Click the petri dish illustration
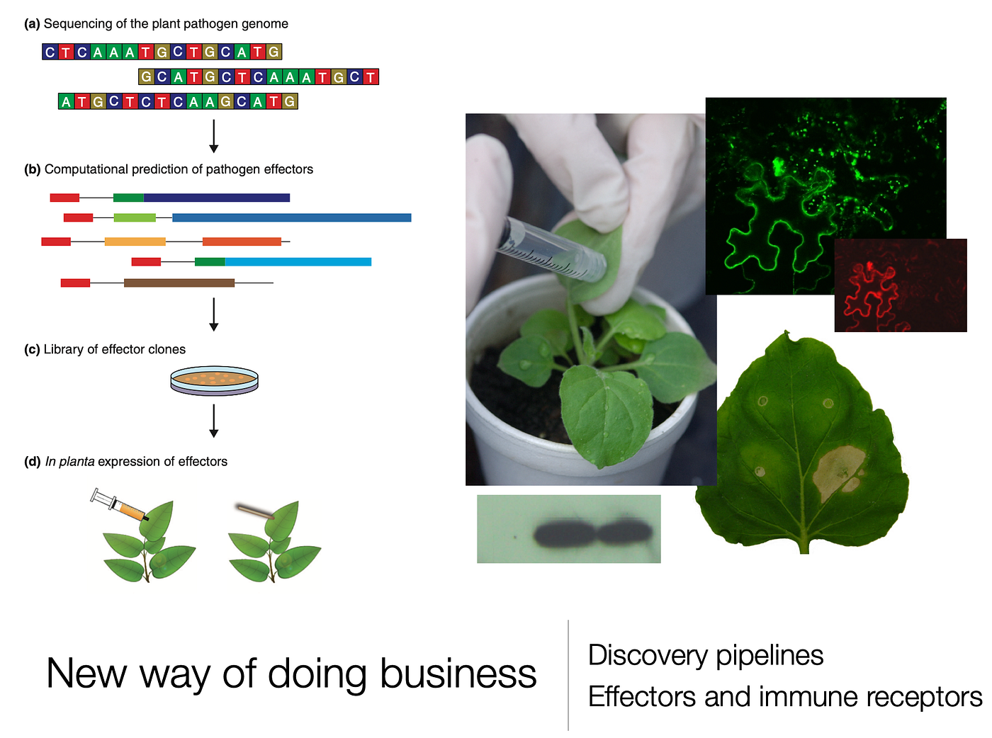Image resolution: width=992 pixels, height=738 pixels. coord(214,381)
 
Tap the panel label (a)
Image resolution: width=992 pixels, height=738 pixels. coord(32,23)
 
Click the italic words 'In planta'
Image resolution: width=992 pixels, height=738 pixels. coord(69,461)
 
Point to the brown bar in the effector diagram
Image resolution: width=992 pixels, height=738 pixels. coord(179,283)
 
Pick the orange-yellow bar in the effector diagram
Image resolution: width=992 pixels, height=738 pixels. coord(135,242)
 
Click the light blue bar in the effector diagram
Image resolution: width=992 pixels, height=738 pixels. coord(298,262)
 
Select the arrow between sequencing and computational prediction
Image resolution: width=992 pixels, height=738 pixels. coord(214,136)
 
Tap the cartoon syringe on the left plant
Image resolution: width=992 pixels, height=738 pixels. coord(120,505)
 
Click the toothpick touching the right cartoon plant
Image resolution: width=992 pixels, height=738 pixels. coord(254,511)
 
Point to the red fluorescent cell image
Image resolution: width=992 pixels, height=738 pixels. coord(900,285)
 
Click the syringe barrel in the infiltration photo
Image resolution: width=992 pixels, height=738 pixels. coord(553,249)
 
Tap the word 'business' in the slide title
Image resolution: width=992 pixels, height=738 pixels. coord(458,674)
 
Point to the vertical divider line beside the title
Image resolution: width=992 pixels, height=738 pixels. coord(568,675)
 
